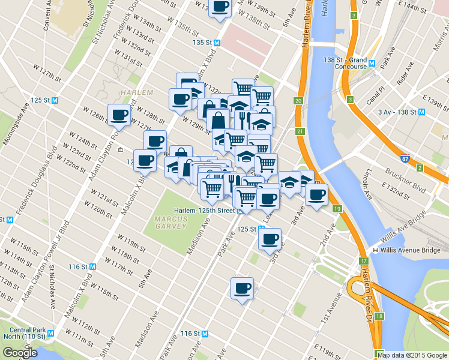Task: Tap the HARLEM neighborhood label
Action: click(x=133, y=92)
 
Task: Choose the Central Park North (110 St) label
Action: click(x=28, y=334)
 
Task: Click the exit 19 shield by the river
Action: click(x=339, y=208)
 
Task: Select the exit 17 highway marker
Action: click(x=363, y=261)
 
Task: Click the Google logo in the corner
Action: click(x=20, y=353)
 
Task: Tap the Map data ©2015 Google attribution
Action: click(x=412, y=355)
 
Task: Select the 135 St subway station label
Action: click(x=206, y=43)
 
